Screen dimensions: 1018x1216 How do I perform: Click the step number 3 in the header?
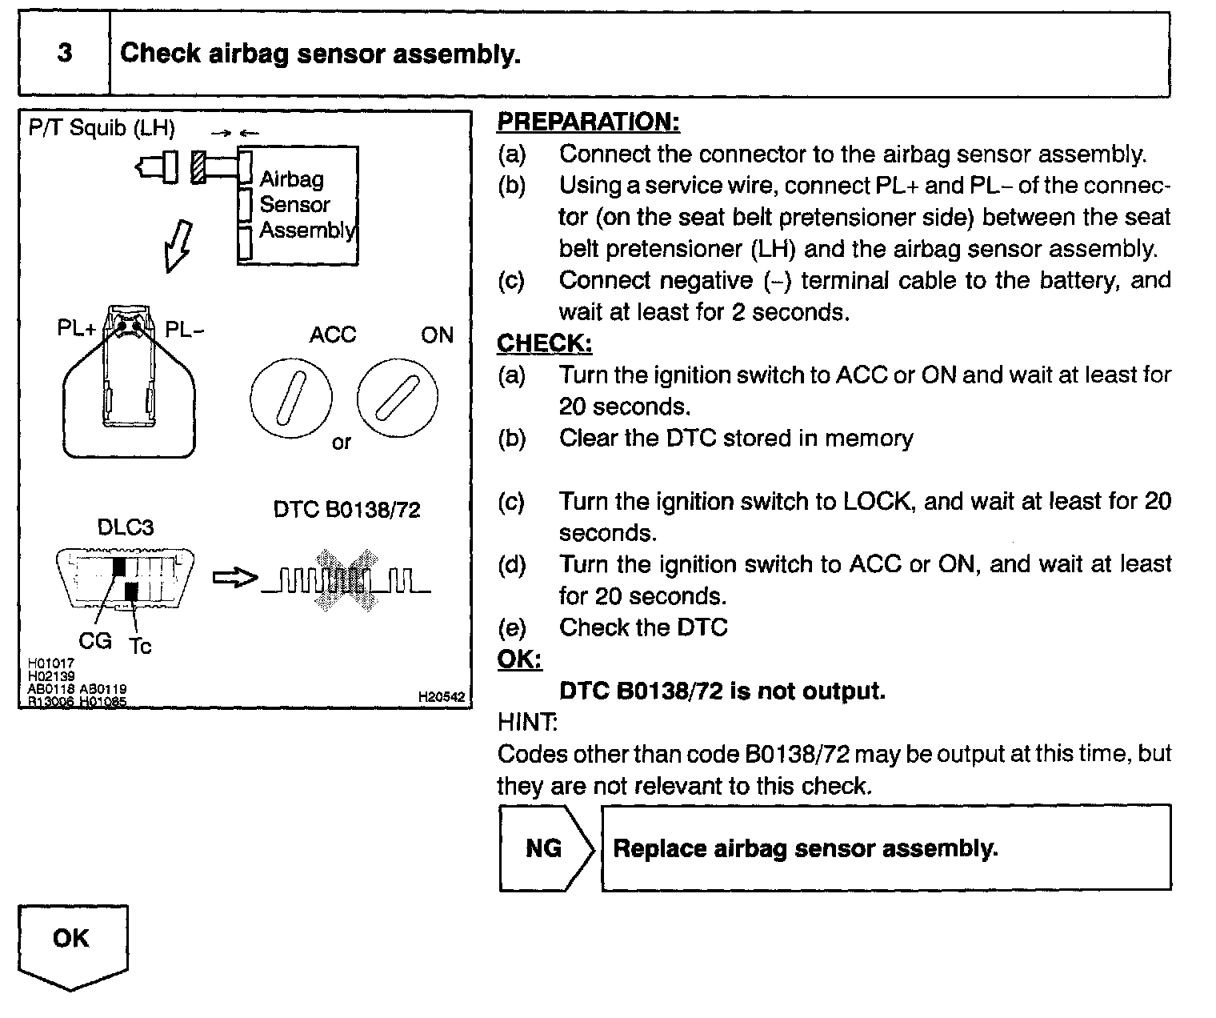64,54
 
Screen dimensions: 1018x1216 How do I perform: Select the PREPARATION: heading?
588,122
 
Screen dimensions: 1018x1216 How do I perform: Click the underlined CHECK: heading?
544,343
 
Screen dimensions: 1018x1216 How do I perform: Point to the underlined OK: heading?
519,659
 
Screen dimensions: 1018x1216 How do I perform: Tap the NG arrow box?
545,848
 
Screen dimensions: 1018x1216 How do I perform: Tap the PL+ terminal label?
77,329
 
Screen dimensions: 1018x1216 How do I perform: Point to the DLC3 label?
125,527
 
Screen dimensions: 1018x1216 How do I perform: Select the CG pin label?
94,640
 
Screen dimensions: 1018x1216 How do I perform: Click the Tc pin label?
140,645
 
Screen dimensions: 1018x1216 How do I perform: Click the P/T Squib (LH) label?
102,128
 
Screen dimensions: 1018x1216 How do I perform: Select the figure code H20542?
441,697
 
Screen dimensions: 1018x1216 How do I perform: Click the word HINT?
527,722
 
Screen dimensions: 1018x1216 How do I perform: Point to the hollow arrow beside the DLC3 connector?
235,578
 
